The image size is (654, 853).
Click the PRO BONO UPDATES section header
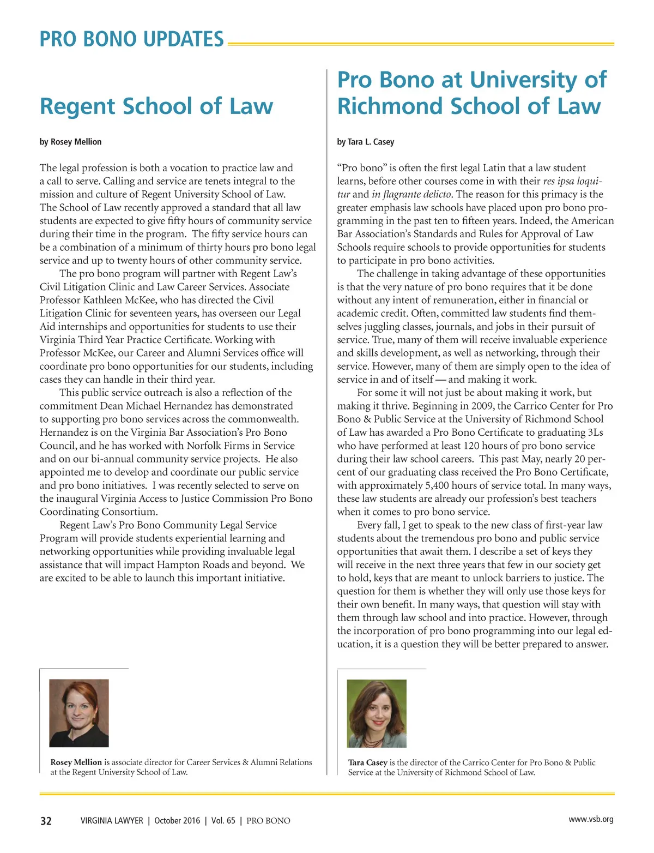coord(131,39)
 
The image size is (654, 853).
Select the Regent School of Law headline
coord(156,106)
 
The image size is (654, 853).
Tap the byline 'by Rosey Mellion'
coord(70,142)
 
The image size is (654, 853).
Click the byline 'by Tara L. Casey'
coord(366,142)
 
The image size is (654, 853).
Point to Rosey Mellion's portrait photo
coord(79,713)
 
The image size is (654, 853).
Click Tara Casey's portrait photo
coord(377,713)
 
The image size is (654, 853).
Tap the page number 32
coord(46,821)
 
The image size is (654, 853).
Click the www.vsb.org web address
coord(591,819)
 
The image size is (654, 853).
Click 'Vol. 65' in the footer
coord(223,821)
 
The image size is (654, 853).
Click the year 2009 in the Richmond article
coord(484,406)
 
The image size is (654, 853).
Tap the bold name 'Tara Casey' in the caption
coord(368,762)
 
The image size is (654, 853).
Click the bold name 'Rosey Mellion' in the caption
coord(76,762)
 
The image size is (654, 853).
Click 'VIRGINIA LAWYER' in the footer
coord(112,821)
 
